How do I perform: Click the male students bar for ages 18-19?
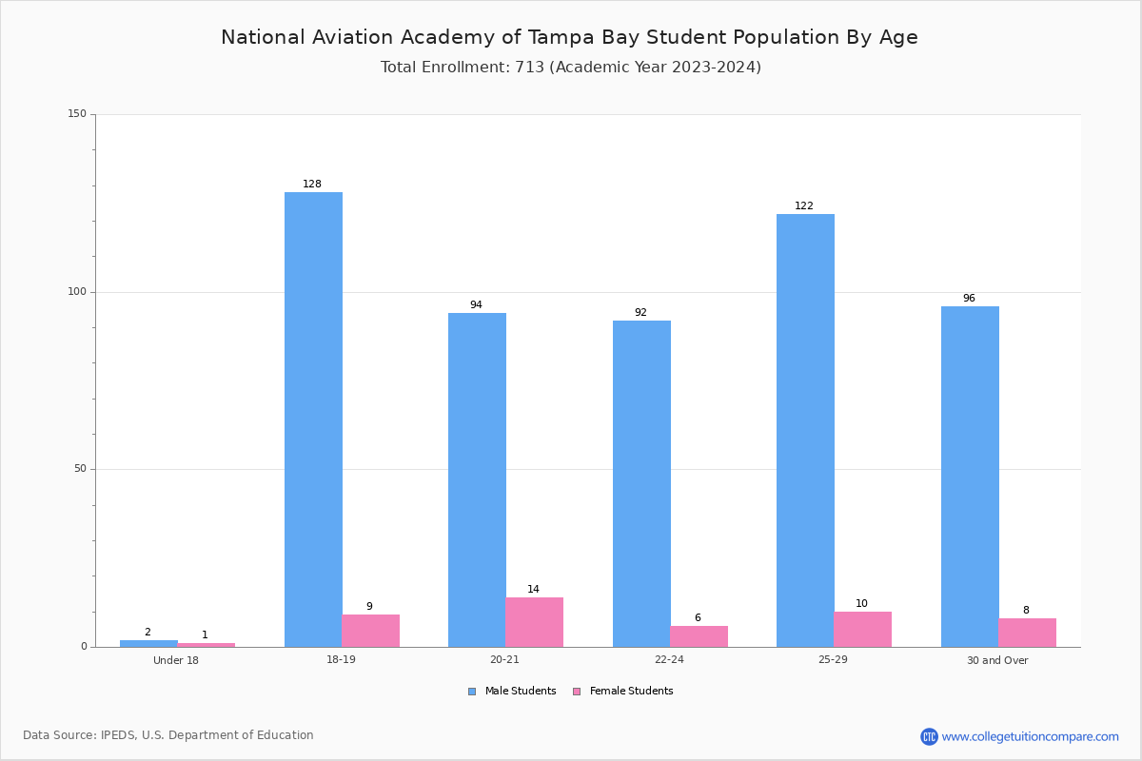click(x=313, y=420)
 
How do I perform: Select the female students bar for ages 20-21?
click(x=534, y=622)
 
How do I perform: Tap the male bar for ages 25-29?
click(x=805, y=431)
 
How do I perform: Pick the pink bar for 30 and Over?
click(x=1027, y=633)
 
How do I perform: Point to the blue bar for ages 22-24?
click(x=641, y=484)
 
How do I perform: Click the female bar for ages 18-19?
click(x=370, y=631)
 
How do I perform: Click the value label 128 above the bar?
click(x=312, y=184)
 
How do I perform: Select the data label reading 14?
click(x=533, y=589)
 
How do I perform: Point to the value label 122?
click(x=804, y=205)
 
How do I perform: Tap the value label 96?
click(x=969, y=298)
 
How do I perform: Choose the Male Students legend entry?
click(x=512, y=692)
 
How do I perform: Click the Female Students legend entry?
click(x=623, y=692)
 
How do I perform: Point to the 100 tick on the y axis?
click(x=77, y=291)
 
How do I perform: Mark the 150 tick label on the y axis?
click(x=77, y=113)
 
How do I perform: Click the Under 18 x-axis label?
click(x=176, y=660)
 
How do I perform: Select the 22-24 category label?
click(x=669, y=659)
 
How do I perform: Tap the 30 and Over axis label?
click(x=997, y=660)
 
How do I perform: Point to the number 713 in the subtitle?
click(x=530, y=68)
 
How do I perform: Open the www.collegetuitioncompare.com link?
click(x=1030, y=737)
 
